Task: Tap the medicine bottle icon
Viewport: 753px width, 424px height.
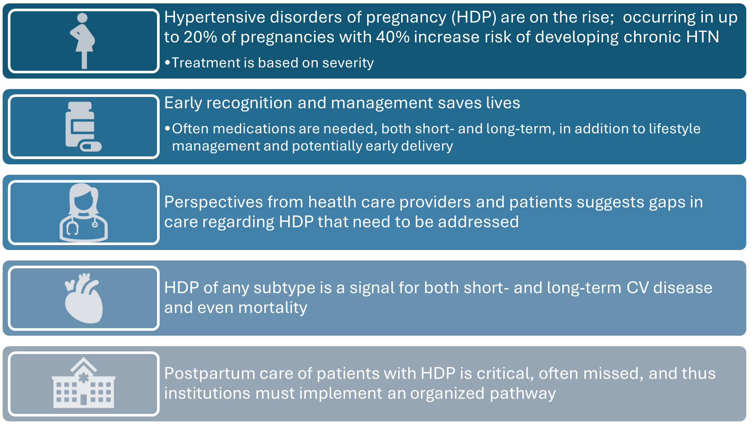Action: click(x=80, y=125)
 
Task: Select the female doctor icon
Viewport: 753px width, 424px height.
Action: click(x=84, y=213)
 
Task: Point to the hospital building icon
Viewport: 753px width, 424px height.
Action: click(x=84, y=384)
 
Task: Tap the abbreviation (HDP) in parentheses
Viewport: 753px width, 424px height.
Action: click(x=474, y=17)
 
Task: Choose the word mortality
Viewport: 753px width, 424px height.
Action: click(x=273, y=308)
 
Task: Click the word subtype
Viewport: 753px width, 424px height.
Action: click(x=284, y=288)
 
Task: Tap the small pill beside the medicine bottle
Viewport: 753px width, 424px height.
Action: click(x=91, y=146)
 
